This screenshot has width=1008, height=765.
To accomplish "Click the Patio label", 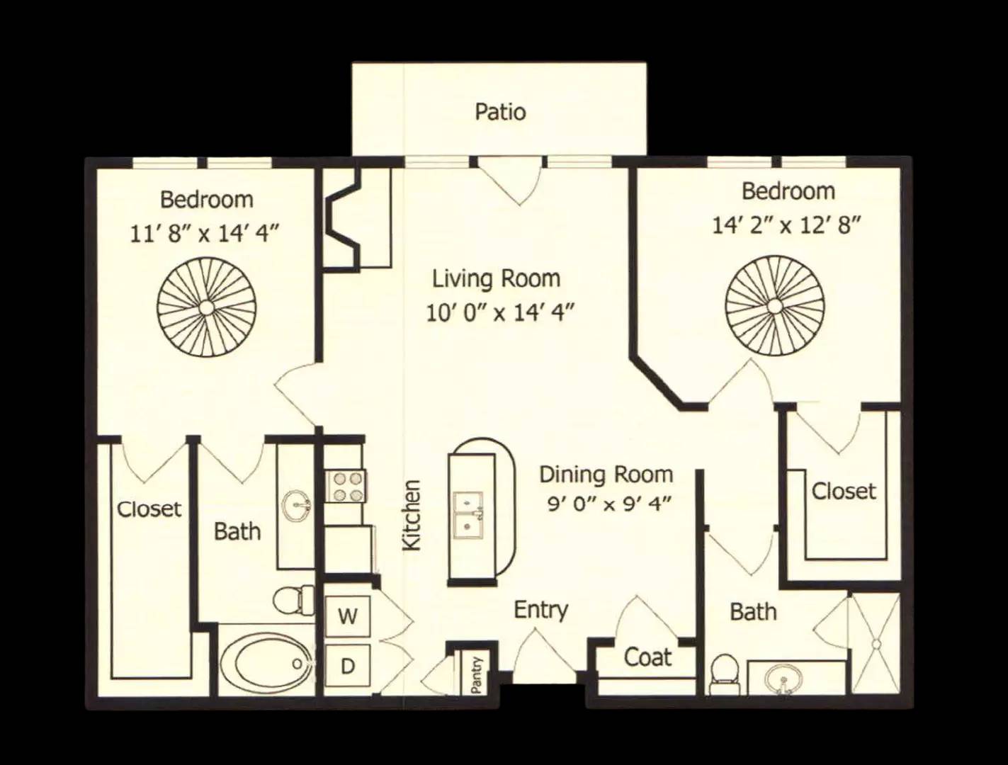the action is point(500,112).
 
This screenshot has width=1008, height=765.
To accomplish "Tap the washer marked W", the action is point(348,616).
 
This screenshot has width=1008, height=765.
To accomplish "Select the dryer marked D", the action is point(348,665).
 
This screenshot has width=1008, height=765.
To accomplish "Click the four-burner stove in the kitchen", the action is point(346,487).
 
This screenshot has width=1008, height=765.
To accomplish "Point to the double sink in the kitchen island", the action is point(468,515).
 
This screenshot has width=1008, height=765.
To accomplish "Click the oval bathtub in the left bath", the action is point(266,662).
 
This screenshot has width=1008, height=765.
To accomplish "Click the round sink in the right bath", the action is point(784,679).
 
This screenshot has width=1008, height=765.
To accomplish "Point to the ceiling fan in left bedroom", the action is point(207,306).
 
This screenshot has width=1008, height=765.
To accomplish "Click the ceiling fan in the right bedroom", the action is point(775,305).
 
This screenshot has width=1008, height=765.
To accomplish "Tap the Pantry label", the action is point(477,674).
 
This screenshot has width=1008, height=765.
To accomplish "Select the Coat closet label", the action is point(647,657).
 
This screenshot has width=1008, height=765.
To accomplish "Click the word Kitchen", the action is point(412,515).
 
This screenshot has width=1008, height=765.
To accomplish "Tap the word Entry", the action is point(541,611).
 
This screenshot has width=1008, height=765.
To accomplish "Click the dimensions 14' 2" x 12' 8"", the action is point(786,226).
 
